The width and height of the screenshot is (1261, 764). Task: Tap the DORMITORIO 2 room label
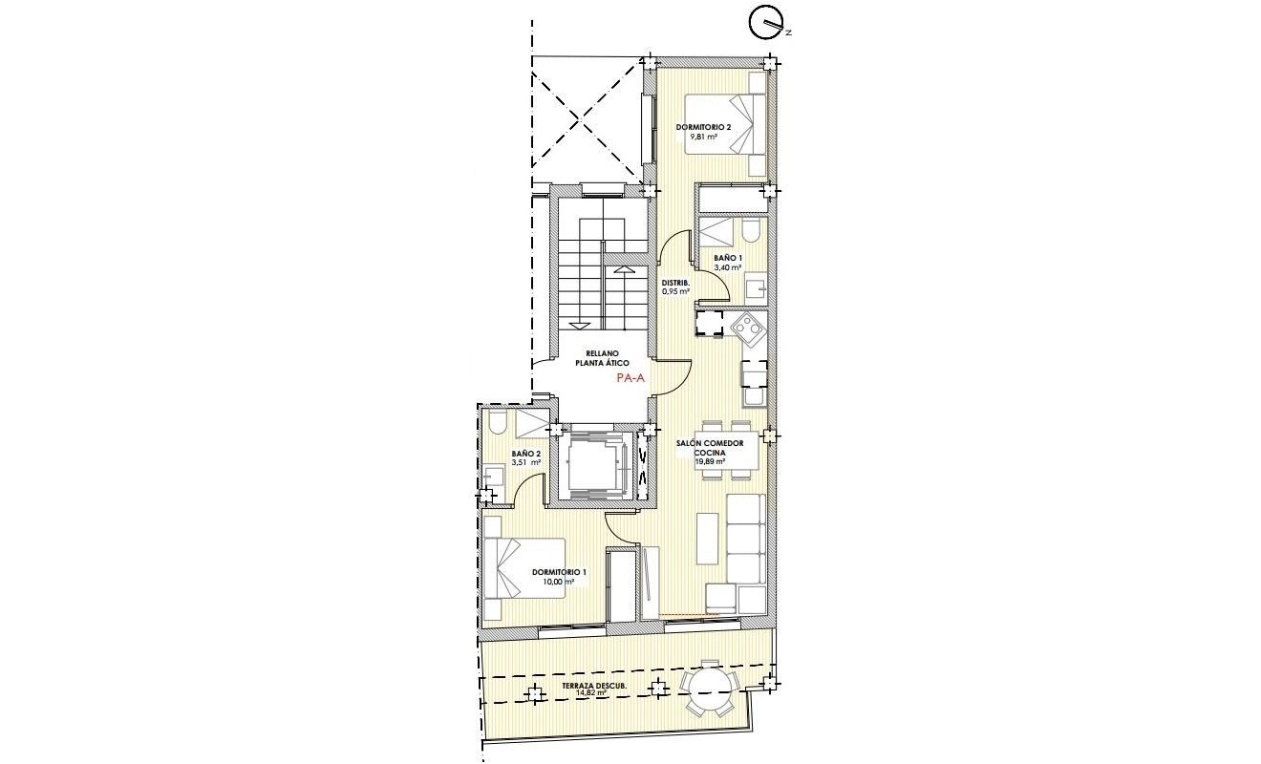pos(703,127)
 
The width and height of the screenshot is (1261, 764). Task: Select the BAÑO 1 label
pos(728,258)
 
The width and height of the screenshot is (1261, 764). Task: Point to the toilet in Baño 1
pos(753,233)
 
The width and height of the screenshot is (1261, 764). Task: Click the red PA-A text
pos(631,378)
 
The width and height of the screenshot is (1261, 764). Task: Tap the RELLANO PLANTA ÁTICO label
pos(601,358)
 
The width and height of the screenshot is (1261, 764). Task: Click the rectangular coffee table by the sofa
pos(708,537)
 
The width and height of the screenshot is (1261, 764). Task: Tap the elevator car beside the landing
pos(594,461)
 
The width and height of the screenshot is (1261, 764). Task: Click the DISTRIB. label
pos(676,282)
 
